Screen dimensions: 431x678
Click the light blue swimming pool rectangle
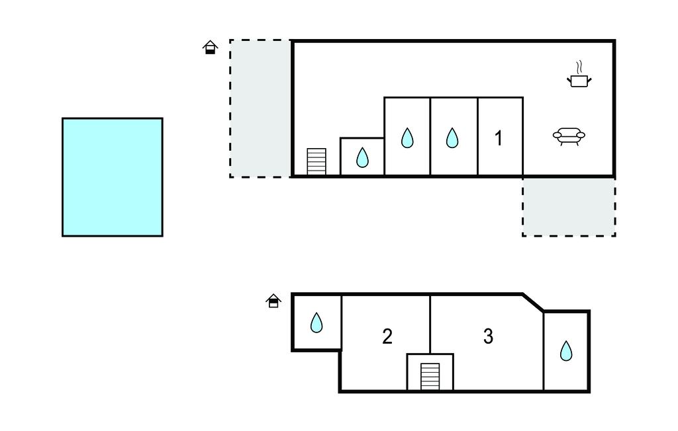[113, 177]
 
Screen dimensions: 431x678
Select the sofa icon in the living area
[569, 136]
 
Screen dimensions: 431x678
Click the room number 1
[499, 138]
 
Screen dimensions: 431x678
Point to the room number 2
[387, 336]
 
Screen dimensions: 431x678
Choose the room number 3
[488, 336]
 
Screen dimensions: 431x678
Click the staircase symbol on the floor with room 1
[316, 161]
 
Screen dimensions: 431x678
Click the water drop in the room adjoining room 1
[452, 137]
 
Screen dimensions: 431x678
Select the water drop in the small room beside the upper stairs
[362, 157]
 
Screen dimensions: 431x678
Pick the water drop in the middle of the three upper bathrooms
[407, 137]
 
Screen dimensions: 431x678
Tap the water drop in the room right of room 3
[566, 350]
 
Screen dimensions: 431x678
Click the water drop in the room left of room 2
[316, 323]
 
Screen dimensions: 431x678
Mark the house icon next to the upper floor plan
[210, 47]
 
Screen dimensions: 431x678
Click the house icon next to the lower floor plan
[273, 301]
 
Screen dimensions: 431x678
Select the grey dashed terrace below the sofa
[569, 206]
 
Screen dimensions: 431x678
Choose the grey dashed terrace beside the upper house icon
[260, 108]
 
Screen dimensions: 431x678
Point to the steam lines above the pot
[579, 67]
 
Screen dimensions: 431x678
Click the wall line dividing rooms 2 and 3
[430, 324]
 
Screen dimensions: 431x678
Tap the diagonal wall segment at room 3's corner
[533, 302]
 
